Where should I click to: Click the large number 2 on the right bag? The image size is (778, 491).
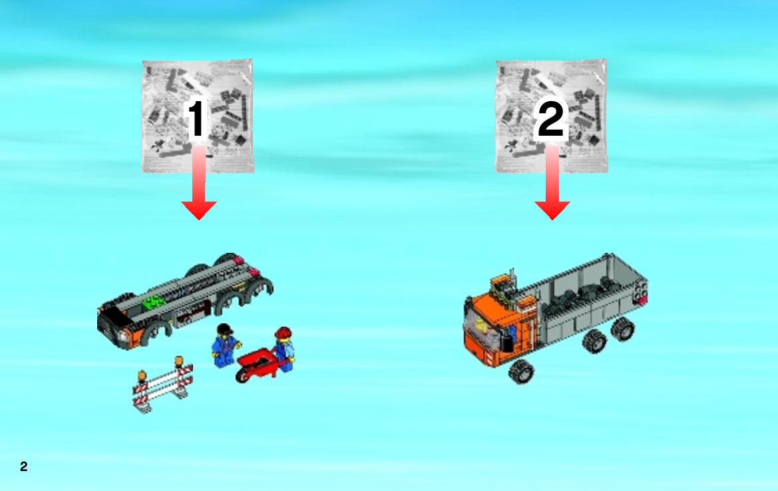[550, 118]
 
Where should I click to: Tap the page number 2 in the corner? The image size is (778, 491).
[24, 466]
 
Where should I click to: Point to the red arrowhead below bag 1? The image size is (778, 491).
[198, 210]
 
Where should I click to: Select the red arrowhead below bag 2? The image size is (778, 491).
[552, 210]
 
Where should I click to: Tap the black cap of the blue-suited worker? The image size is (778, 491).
[224, 329]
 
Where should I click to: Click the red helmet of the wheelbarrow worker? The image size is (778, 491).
[284, 332]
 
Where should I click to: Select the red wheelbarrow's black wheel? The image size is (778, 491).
[241, 375]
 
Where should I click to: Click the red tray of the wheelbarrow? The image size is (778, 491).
[255, 359]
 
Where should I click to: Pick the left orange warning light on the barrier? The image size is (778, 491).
[142, 377]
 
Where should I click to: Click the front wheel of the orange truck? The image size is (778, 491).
[520, 371]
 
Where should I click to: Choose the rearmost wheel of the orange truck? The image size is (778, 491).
[623, 329]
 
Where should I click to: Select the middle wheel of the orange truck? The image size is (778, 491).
[594, 341]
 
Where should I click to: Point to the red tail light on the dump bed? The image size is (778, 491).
[642, 300]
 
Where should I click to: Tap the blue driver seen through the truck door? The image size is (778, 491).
[512, 334]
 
